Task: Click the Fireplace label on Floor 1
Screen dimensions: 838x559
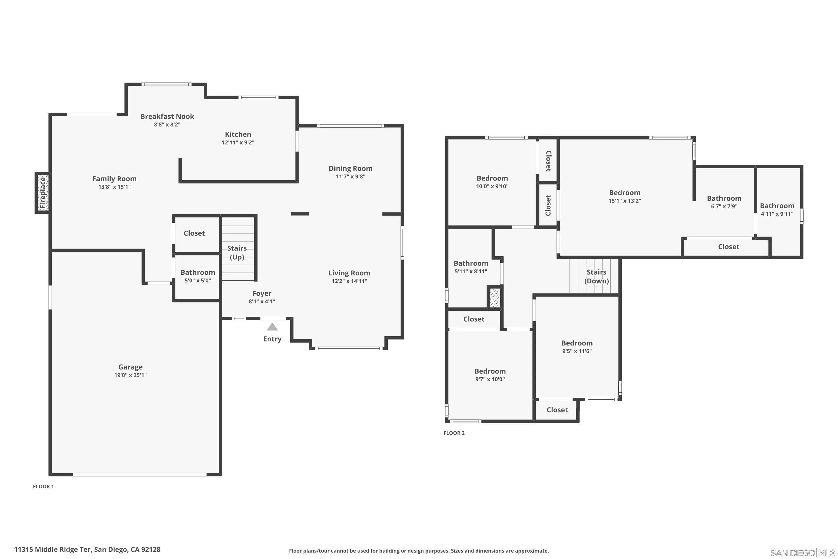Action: pyautogui.click(x=43, y=193)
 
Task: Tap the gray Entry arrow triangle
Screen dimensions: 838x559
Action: pyautogui.click(x=272, y=326)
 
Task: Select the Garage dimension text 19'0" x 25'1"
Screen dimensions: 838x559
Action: pyautogui.click(x=130, y=375)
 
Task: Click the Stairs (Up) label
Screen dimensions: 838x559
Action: pyautogui.click(x=237, y=252)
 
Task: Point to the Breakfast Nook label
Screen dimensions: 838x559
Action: pyautogui.click(x=167, y=116)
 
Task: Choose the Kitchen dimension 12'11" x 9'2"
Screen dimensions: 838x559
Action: pyautogui.click(x=238, y=143)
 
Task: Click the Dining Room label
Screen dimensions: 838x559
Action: pyautogui.click(x=351, y=168)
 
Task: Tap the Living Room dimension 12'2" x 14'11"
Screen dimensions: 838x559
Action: pyautogui.click(x=349, y=281)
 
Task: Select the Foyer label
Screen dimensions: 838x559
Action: pyautogui.click(x=262, y=293)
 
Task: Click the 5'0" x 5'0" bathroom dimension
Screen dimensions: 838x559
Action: pyautogui.click(x=198, y=281)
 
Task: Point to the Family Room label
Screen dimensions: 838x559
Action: pyautogui.click(x=114, y=179)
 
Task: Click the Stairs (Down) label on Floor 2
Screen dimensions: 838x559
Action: pyautogui.click(x=596, y=277)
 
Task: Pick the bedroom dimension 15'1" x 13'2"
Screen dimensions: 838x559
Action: pyautogui.click(x=625, y=201)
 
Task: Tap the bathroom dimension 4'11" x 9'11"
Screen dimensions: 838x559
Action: pyautogui.click(x=777, y=214)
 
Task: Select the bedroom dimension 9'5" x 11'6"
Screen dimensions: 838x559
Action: pyautogui.click(x=577, y=351)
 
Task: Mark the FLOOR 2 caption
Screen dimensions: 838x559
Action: pyautogui.click(x=454, y=433)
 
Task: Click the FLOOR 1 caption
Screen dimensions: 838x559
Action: pyautogui.click(x=44, y=487)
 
